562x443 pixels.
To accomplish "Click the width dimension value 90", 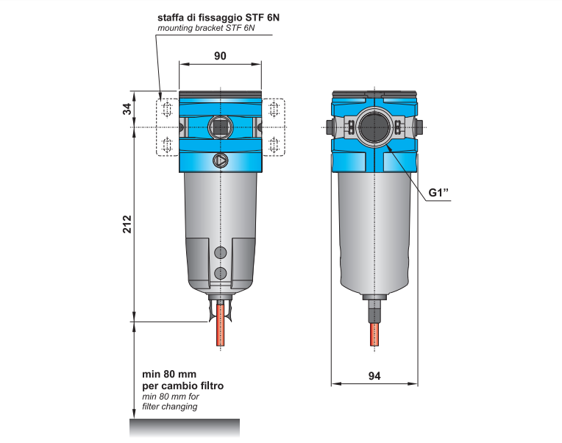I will [x=220, y=56].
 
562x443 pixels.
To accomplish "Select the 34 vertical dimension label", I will [x=127, y=109].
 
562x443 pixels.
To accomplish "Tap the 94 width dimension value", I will [x=374, y=376].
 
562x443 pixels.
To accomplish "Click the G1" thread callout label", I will [x=439, y=194].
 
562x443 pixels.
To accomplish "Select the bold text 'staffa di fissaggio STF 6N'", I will [x=218, y=17].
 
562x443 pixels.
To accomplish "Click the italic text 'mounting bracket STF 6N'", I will [x=206, y=29].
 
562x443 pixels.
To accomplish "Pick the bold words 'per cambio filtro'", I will [x=182, y=386].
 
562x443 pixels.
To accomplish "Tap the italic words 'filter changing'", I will [x=169, y=407].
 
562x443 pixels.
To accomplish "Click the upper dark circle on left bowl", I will [x=220, y=253].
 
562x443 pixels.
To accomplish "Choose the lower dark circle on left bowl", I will [x=220, y=274].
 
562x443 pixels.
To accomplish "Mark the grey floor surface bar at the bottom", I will [x=185, y=427].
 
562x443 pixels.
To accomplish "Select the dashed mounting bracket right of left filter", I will [x=274, y=127].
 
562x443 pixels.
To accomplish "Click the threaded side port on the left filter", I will [x=220, y=127].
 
